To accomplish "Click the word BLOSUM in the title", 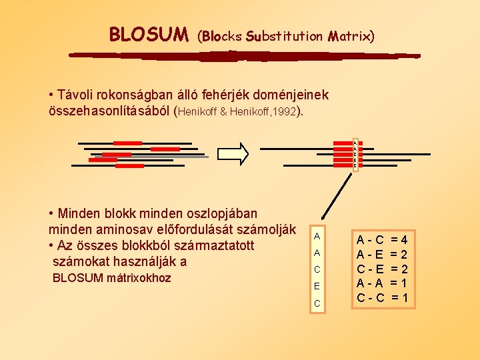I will (149, 34).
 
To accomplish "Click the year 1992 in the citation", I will (285, 111).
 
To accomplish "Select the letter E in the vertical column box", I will (317, 286).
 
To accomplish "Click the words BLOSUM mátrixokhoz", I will (111, 278).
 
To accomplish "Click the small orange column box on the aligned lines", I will (355, 155).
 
